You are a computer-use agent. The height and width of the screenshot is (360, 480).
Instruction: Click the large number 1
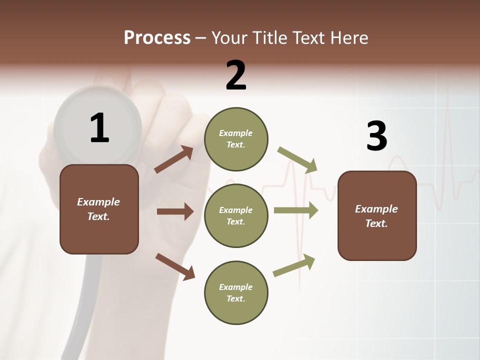click(99, 128)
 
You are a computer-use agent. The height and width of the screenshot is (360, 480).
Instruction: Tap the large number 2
click(236, 75)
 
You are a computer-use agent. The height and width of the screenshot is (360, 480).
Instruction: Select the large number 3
click(376, 136)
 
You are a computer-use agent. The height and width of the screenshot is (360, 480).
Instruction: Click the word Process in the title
click(157, 37)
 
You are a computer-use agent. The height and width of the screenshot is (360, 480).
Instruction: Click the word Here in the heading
click(350, 38)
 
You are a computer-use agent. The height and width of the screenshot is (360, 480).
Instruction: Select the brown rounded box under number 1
click(99, 209)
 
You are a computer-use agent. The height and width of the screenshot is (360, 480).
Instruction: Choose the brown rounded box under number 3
click(377, 215)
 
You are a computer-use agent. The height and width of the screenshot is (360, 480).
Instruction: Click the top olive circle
click(236, 139)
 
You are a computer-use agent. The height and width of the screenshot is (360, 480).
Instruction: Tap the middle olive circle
click(236, 215)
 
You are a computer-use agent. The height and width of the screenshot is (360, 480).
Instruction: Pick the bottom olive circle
click(236, 292)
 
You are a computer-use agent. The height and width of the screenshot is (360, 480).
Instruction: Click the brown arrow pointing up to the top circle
click(174, 159)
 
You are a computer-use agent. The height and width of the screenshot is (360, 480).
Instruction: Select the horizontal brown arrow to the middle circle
click(175, 211)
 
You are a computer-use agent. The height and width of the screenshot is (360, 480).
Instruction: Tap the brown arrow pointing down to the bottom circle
click(175, 266)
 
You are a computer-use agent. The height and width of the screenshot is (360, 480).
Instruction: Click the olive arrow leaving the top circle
click(298, 159)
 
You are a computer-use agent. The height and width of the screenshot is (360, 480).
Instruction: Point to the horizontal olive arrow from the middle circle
click(296, 210)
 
